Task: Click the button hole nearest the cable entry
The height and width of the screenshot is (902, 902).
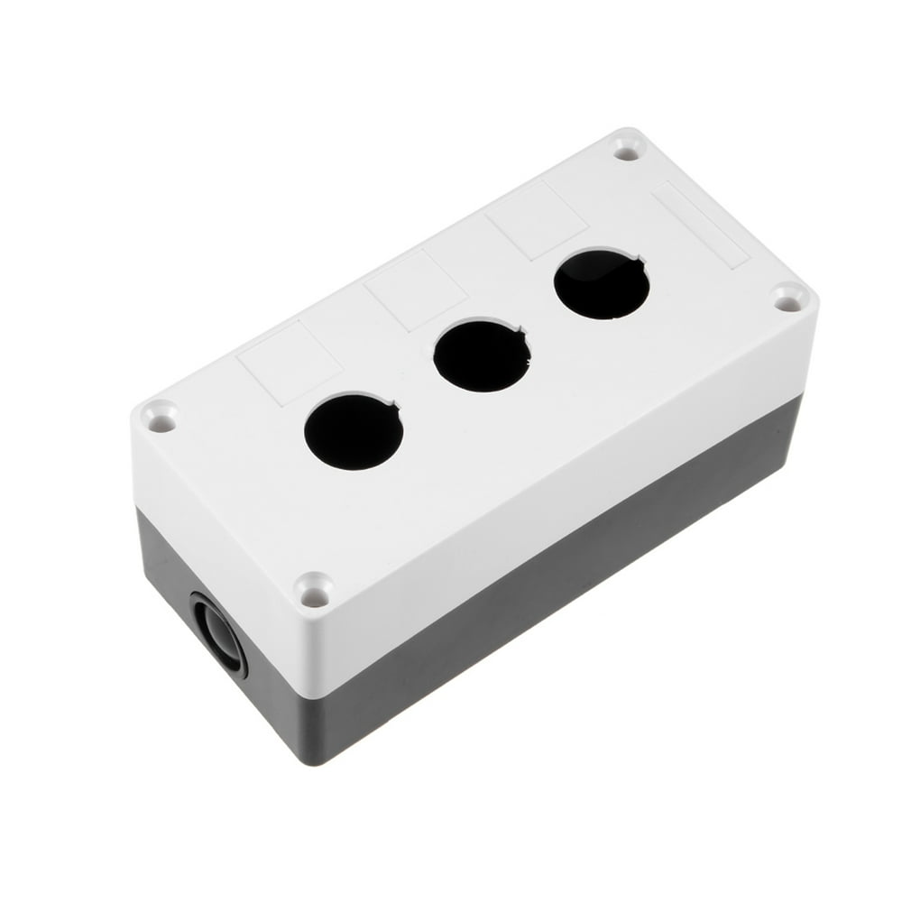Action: [x=353, y=431]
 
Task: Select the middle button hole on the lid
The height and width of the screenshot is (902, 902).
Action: [x=482, y=356]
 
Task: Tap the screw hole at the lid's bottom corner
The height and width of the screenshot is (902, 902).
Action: [x=314, y=592]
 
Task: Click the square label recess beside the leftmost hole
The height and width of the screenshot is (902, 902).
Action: [x=289, y=362]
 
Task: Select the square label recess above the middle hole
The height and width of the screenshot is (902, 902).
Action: [x=415, y=290]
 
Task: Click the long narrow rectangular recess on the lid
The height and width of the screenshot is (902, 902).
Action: [x=701, y=224]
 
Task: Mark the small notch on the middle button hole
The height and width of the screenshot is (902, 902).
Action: [x=525, y=334]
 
